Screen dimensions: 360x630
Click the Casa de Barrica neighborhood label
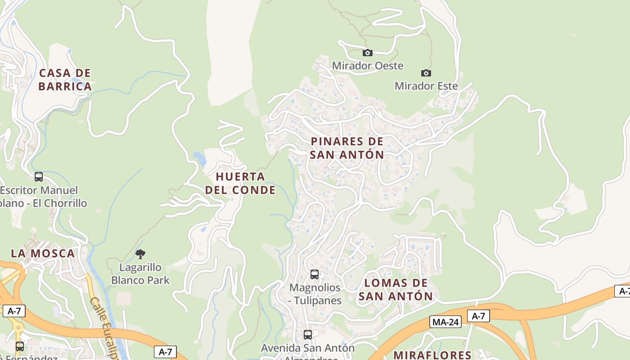coord(65,80)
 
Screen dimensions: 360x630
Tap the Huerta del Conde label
coord(240,183)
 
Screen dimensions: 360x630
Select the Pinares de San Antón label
coord(347,148)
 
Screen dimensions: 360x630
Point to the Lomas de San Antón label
coord(396,289)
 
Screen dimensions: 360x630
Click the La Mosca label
coord(43,253)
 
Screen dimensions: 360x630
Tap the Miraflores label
coord(432,355)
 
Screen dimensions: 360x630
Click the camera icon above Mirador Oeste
coord(368,53)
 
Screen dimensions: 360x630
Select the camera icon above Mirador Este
coord(426,73)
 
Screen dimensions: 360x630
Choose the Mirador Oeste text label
coord(368,66)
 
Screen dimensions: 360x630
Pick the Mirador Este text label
coord(426,86)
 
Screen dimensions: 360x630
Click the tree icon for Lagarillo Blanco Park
coord(140,254)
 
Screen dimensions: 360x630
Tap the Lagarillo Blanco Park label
coord(140,274)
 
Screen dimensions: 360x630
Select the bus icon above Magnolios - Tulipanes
coord(315,274)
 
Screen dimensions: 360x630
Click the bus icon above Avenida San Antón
coord(308,335)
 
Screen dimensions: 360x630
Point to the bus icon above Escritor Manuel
coord(39,177)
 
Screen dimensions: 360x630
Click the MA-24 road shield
coord(445,322)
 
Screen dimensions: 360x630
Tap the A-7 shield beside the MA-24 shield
coord(478,316)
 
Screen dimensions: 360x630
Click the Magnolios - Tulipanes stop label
coord(315,293)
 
